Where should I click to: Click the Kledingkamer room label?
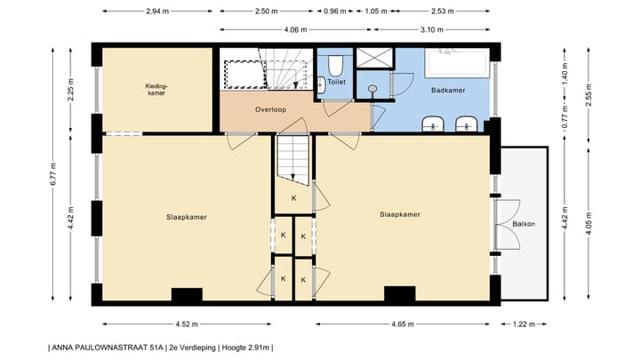(x=156, y=90)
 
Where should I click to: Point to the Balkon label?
(x=523, y=223)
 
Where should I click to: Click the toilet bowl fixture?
(x=335, y=66)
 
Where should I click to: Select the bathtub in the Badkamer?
(x=457, y=64)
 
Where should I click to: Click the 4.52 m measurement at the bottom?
(x=187, y=324)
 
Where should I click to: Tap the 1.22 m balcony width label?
(x=523, y=324)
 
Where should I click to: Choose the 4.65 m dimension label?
(x=402, y=324)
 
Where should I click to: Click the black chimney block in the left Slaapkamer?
(x=187, y=295)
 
